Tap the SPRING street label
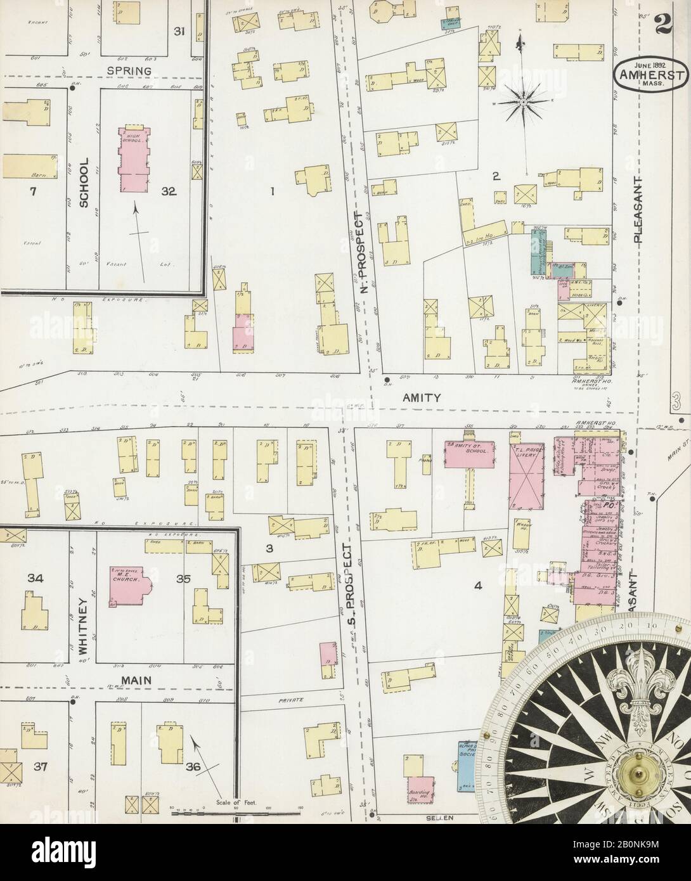(129, 70)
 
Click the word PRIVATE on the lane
(292, 700)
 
